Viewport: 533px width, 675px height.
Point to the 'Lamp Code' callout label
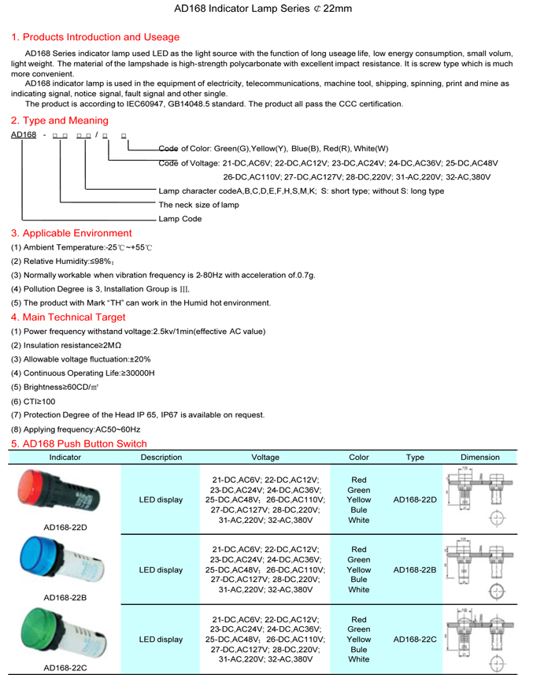[x=180, y=219]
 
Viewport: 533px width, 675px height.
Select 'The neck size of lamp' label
[x=198, y=205]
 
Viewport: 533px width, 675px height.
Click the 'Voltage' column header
[x=265, y=457]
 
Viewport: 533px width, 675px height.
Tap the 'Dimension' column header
[x=480, y=457]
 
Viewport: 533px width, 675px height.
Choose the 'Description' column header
[x=161, y=457]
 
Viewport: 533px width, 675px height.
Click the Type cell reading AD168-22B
[x=414, y=569]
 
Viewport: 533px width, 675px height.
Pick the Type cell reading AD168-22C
[x=414, y=639]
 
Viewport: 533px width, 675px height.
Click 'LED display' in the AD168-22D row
[x=161, y=499]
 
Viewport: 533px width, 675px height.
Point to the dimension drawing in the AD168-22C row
[x=480, y=639]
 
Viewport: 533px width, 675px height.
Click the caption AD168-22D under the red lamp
[x=65, y=527]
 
